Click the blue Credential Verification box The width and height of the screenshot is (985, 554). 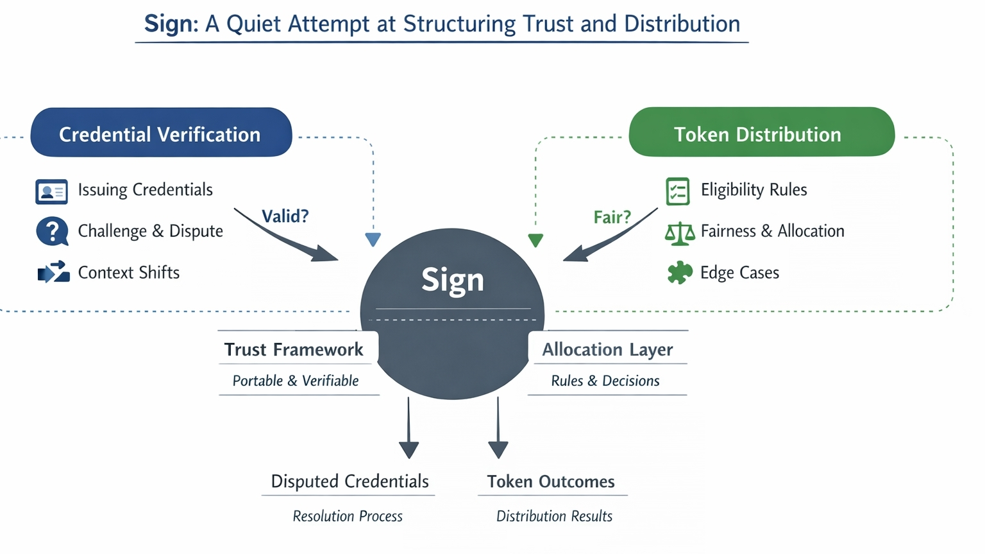click(x=161, y=133)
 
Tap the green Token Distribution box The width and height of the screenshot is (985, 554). click(x=761, y=132)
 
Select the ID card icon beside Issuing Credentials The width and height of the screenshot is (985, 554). click(x=51, y=191)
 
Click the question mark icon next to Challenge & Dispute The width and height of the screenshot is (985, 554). click(x=52, y=231)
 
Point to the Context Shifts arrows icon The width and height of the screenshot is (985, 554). click(x=53, y=272)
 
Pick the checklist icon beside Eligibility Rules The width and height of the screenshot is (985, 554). click(x=678, y=191)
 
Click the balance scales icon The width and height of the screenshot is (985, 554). click(x=680, y=233)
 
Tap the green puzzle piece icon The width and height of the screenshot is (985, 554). click(x=680, y=272)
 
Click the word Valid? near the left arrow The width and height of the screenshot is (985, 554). click(x=285, y=216)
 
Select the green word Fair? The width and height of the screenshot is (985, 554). click(x=612, y=218)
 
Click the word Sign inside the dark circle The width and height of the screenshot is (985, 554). click(x=452, y=280)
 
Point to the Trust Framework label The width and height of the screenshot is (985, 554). click(x=294, y=350)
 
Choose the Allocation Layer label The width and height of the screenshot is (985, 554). click(x=607, y=350)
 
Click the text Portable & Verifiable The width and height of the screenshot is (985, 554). click(x=296, y=381)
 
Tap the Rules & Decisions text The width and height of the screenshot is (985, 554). click(x=605, y=381)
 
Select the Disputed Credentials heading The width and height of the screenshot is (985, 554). click(x=349, y=481)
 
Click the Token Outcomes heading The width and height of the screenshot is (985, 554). click(x=551, y=481)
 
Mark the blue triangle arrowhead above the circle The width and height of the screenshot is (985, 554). click(x=373, y=239)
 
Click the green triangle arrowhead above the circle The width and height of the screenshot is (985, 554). click(x=535, y=240)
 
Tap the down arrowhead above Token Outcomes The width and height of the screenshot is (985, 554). click(x=498, y=449)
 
